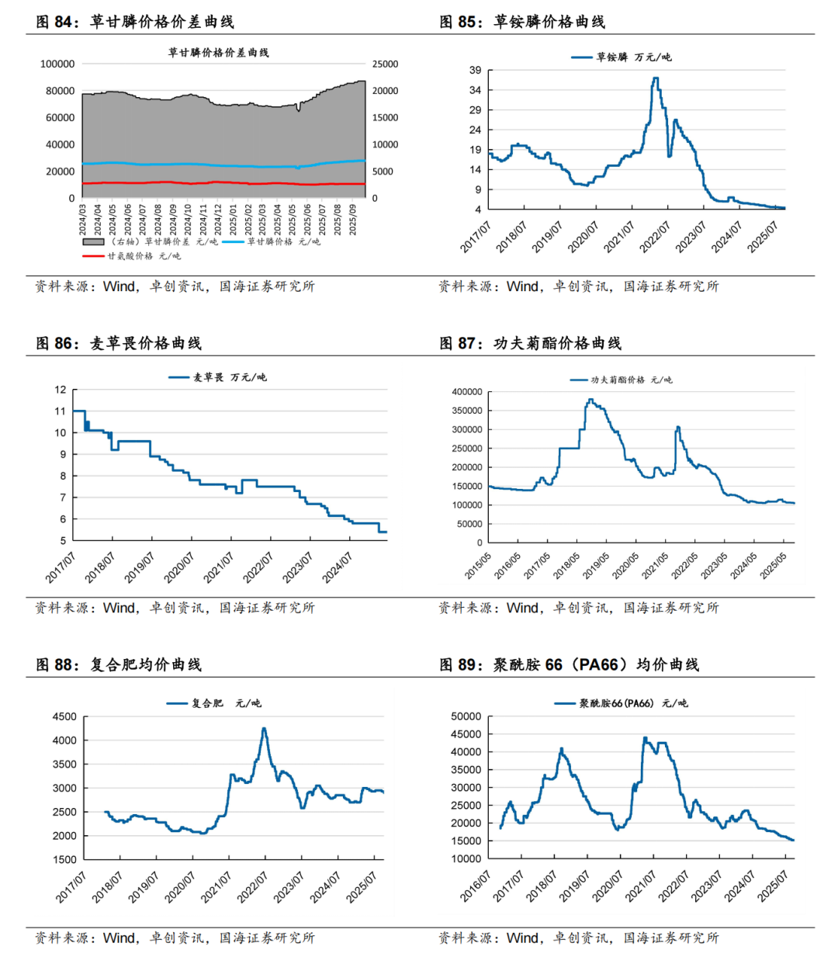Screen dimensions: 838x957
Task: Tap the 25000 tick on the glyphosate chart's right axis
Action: click(x=385, y=64)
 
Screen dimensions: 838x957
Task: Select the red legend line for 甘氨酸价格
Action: click(x=93, y=256)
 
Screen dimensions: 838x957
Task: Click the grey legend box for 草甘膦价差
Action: click(x=93, y=242)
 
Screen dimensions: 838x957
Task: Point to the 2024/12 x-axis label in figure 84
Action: click(x=217, y=220)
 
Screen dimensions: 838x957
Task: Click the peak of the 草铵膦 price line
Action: click(x=656, y=78)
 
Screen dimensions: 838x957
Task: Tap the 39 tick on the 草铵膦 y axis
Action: click(x=475, y=70)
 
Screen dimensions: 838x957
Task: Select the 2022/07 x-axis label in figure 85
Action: click(x=654, y=237)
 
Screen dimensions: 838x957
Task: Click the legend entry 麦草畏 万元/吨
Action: click(x=217, y=377)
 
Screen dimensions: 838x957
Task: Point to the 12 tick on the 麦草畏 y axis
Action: click(x=61, y=390)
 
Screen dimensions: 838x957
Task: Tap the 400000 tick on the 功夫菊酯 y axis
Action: click(x=466, y=392)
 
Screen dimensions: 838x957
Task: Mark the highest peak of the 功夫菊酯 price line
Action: click(x=591, y=400)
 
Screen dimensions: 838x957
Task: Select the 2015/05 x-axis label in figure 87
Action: click(x=477, y=566)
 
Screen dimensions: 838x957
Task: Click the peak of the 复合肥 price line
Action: click(x=265, y=728)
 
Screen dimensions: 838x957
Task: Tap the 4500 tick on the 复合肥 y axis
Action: click(x=64, y=716)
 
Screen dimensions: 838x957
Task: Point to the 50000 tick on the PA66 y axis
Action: click(x=466, y=716)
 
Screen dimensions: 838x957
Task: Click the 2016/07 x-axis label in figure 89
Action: click(x=475, y=886)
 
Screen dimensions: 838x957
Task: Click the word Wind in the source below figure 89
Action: click(x=522, y=938)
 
